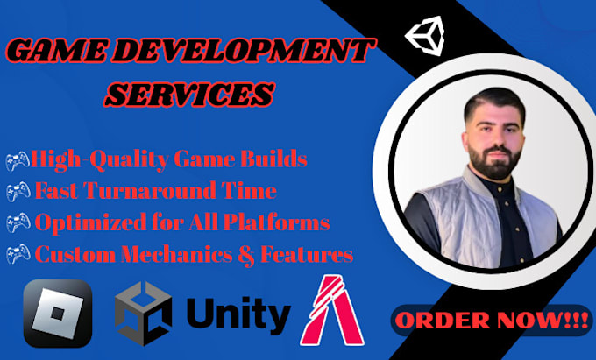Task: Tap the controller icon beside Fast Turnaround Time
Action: pyautogui.click(x=18, y=192)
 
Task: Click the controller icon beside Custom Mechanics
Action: pyautogui.click(x=18, y=255)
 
